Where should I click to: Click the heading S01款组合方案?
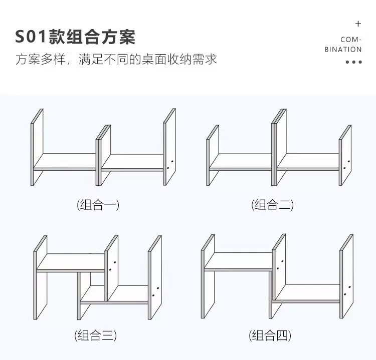pyautogui.click(x=75, y=37)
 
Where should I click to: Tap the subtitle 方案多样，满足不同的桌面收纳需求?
pyautogui.click(x=116, y=60)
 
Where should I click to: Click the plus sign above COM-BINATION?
pyautogui.click(x=358, y=24)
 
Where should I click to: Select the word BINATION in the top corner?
pyautogui.click(x=343, y=49)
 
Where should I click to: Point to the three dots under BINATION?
pyautogui.click(x=353, y=62)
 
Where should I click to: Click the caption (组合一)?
pyautogui.click(x=98, y=204)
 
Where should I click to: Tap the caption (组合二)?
pyautogui.click(x=272, y=204)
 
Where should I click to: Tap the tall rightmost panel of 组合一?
pyautogui.click(x=170, y=148)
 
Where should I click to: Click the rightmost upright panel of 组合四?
pyautogui.click(x=347, y=278)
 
